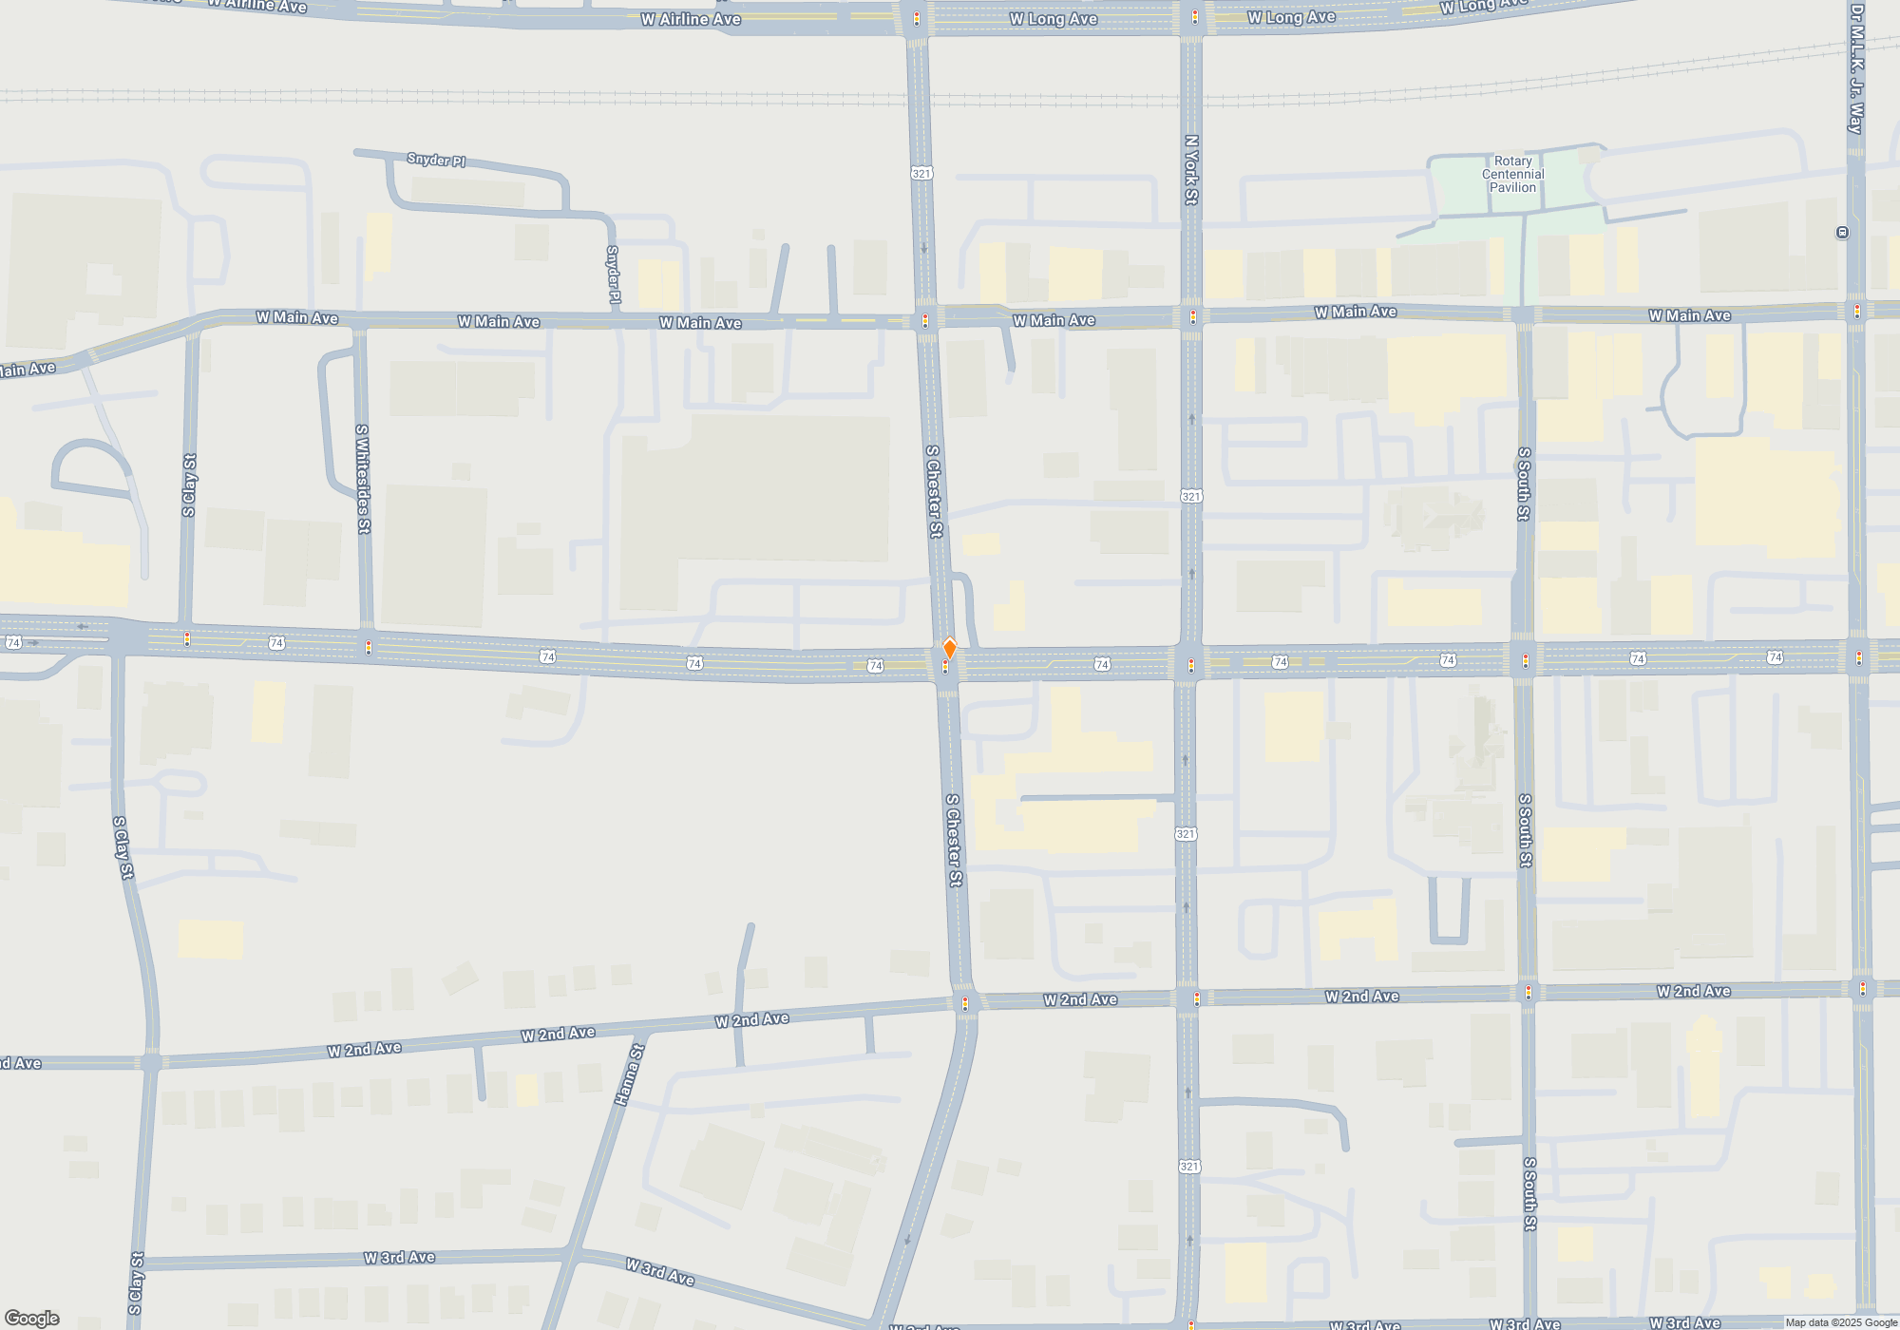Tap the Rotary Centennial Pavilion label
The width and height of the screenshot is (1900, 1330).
coord(1512,175)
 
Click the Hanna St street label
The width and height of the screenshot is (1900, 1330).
coord(629,1074)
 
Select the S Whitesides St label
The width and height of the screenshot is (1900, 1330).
coord(363,479)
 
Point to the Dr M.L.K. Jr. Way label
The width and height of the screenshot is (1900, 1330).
coord(1856,68)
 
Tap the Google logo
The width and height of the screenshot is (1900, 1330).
coord(31,1319)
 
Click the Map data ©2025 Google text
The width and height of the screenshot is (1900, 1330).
coord(1840,1322)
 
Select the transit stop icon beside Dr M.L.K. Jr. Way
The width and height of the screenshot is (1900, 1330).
coord(1842,233)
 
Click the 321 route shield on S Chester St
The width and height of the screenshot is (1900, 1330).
coord(921,173)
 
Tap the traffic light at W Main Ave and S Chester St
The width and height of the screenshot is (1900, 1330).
coord(925,321)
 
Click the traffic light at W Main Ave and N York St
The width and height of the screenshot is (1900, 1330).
coord(1193,316)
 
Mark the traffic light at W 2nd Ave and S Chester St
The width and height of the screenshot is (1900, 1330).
coord(965,1003)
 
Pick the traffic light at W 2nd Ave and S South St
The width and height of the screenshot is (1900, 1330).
coord(1528,993)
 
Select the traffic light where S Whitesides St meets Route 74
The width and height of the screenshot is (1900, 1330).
coord(369,648)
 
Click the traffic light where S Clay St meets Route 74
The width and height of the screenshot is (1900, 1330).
coord(187,638)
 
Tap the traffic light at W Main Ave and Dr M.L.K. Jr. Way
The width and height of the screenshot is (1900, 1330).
coord(1857,311)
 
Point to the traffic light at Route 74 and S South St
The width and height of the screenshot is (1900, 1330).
coord(1526,660)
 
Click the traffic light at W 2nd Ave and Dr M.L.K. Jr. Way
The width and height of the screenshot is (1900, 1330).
coord(1862,989)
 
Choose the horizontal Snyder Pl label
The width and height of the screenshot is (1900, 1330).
coord(436,160)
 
